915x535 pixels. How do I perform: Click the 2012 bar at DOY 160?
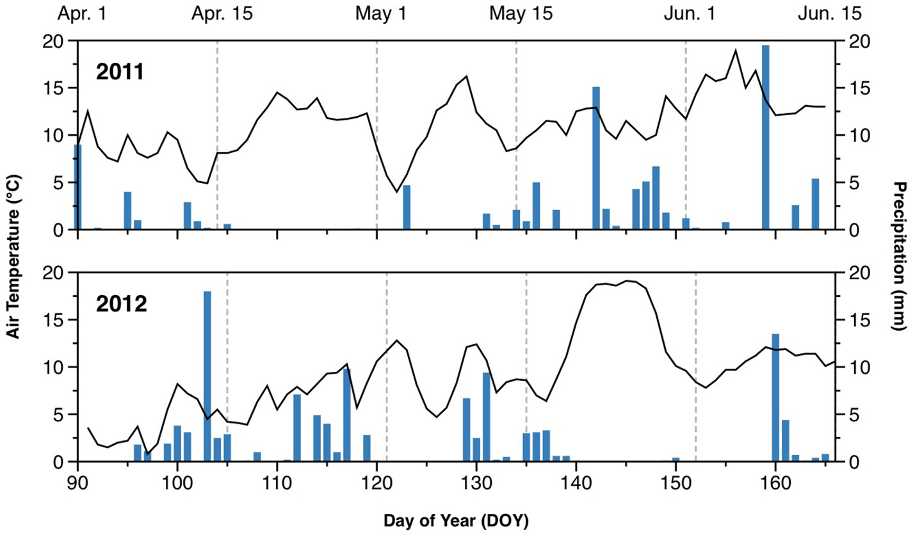click(x=775, y=397)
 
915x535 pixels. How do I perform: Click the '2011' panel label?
click(x=121, y=72)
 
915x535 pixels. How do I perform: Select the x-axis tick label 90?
click(x=77, y=480)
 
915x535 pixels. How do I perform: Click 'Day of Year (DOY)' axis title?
click(x=456, y=520)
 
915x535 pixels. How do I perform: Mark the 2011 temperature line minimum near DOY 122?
click(x=396, y=191)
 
